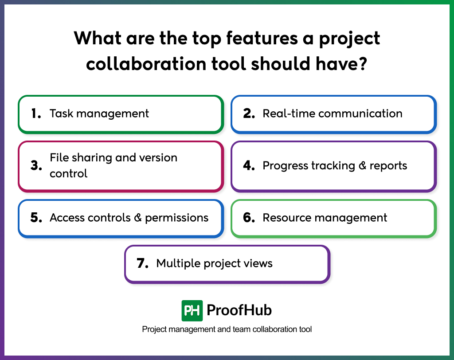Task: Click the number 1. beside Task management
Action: [36, 113]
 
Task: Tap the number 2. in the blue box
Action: [249, 113]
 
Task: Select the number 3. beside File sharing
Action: [36, 166]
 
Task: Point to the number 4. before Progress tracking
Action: [249, 166]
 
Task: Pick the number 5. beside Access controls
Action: [36, 218]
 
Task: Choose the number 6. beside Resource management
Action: [249, 218]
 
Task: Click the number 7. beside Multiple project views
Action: [142, 263]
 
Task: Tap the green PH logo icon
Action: [192, 310]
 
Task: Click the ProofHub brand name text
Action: [239, 310]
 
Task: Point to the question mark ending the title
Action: [363, 64]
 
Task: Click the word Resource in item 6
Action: [284, 218]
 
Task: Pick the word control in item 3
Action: [68, 173]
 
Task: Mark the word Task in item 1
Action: [59, 113]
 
